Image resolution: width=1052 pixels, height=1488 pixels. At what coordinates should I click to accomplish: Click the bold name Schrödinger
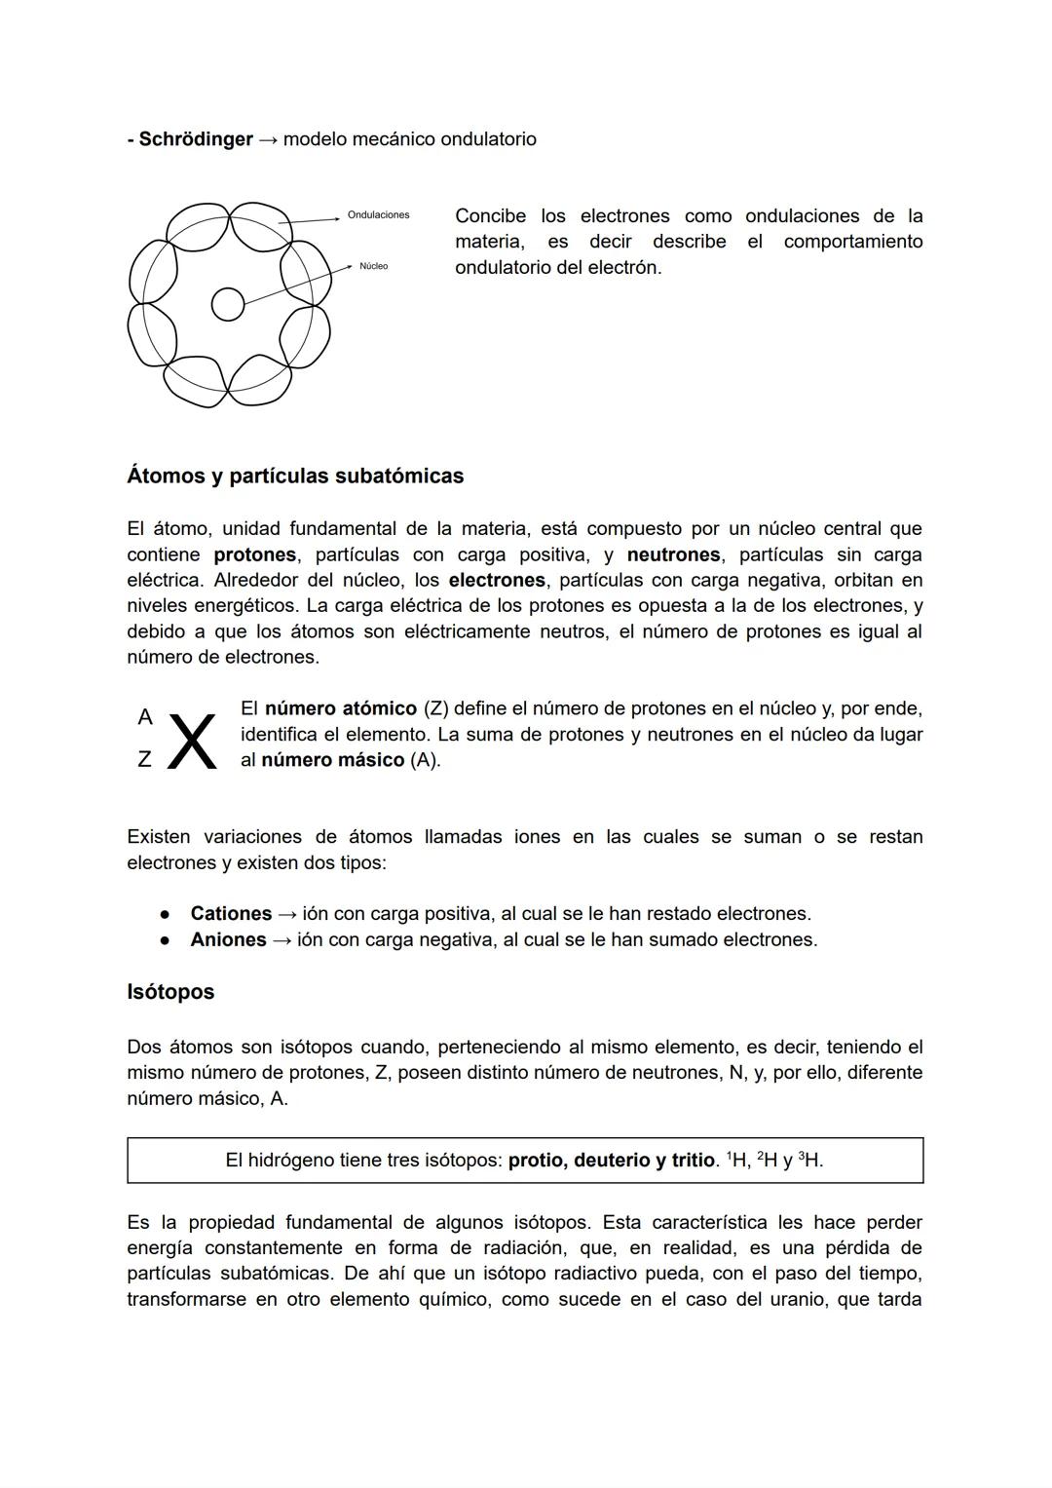pyautogui.click(x=195, y=139)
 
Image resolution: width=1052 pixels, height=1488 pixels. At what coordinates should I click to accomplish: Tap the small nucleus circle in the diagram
pyautogui.click(x=228, y=304)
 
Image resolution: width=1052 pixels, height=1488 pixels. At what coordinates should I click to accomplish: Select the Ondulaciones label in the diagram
pyautogui.click(x=378, y=215)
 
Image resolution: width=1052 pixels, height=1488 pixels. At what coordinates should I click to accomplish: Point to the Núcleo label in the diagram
pyautogui.click(x=373, y=266)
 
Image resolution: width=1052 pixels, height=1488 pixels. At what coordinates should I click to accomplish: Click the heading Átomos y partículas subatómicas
pyautogui.click(x=295, y=477)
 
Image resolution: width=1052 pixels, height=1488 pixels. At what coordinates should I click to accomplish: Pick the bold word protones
pyautogui.click(x=255, y=555)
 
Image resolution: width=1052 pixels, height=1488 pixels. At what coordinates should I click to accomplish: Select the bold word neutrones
pyautogui.click(x=673, y=555)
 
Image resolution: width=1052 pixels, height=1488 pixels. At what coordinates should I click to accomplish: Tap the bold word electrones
pyautogui.click(x=497, y=581)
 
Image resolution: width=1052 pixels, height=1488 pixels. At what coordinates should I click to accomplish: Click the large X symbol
pyautogui.click(x=193, y=743)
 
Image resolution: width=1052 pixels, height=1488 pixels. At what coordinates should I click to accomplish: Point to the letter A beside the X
pyautogui.click(x=145, y=718)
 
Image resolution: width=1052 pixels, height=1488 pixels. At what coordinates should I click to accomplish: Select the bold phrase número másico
pyautogui.click(x=332, y=760)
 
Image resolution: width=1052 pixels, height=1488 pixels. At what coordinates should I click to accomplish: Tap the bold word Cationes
pyautogui.click(x=231, y=914)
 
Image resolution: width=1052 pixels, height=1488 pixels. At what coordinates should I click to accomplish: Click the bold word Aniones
pyautogui.click(x=228, y=940)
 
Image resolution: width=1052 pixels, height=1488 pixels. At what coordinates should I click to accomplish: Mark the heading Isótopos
pyautogui.click(x=170, y=992)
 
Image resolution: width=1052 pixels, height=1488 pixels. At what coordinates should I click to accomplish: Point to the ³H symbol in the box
pyautogui.click(x=810, y=1161)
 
